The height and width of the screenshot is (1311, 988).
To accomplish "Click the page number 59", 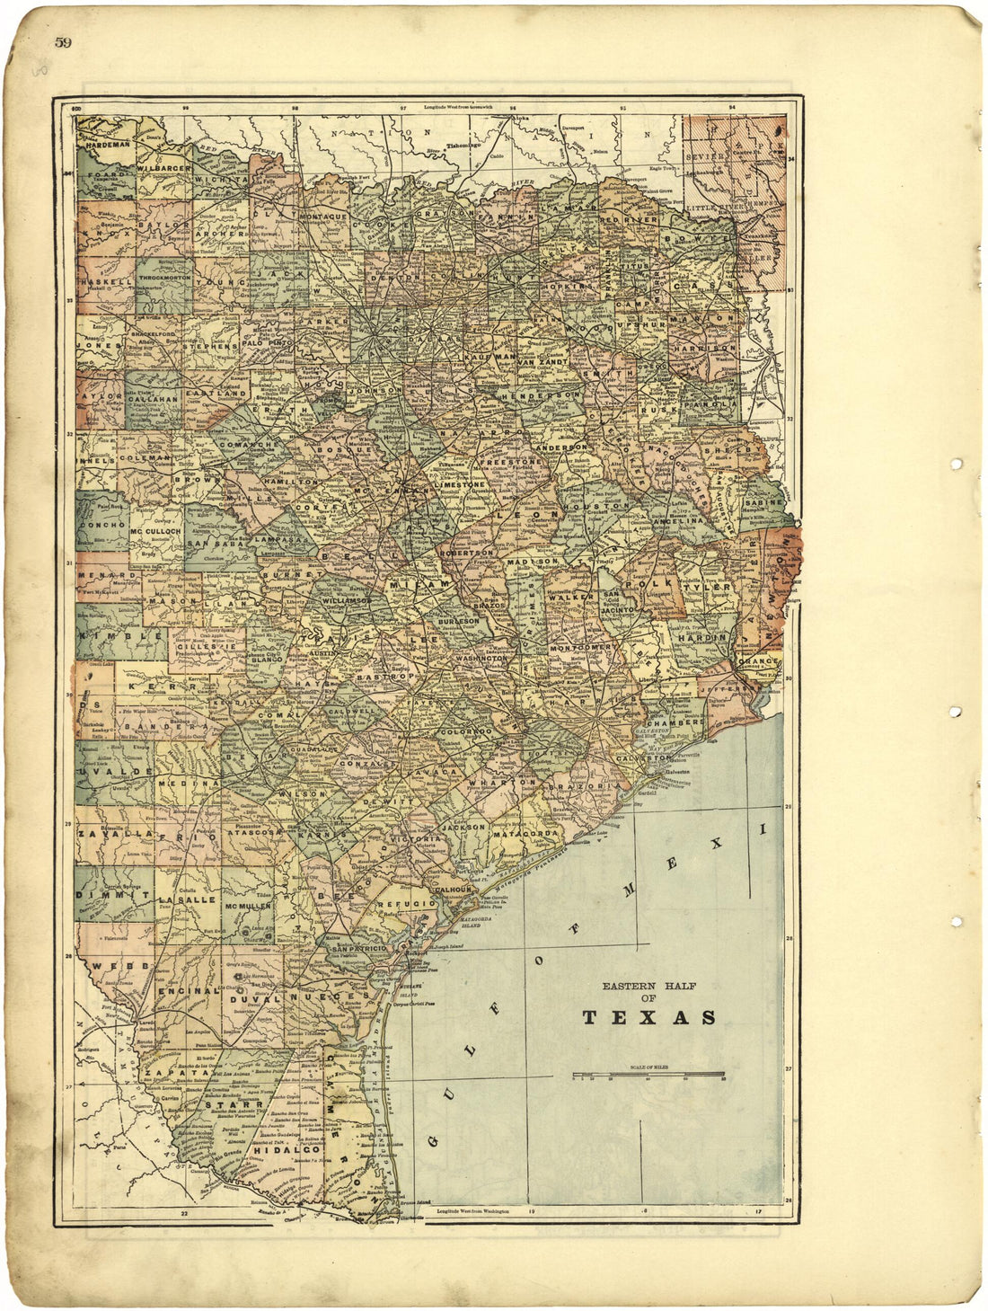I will (x=63, y=42).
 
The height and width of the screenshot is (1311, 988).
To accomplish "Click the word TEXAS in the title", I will (x=649, y=1018).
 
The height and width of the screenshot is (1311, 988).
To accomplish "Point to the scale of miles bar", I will (x=648, y=1074).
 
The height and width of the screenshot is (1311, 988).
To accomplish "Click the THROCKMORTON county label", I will (x=163, y=279).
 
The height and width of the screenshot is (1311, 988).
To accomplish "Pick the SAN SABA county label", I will (x=212, y=544).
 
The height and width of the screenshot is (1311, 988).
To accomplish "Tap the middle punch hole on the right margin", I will (x=956, y=712).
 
